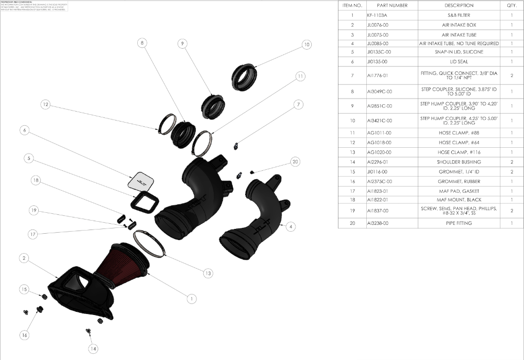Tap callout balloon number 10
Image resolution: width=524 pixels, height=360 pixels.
coord(307,45)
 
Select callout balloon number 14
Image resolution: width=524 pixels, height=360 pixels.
coord(93,348)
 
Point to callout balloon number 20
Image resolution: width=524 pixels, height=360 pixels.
coord(296,162)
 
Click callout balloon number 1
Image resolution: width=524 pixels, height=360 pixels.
coord(192,298)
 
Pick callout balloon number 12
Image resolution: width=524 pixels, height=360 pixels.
coord(46,105)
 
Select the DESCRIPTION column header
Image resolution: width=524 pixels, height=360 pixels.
coord(459,5)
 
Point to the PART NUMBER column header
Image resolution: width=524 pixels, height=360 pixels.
coord(392,5)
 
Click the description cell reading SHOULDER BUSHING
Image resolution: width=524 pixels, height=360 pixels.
coord(459,162)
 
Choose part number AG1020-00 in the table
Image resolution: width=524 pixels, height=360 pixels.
coord(378,152)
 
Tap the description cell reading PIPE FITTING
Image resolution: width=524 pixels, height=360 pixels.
coord(459,223)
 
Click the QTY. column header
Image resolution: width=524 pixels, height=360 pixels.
coord(511,5)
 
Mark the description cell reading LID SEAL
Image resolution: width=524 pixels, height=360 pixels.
coord(459,62)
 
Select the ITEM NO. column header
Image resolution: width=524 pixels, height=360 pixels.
coord(352,5)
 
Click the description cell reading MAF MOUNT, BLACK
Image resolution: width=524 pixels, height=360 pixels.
coord(459,200)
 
